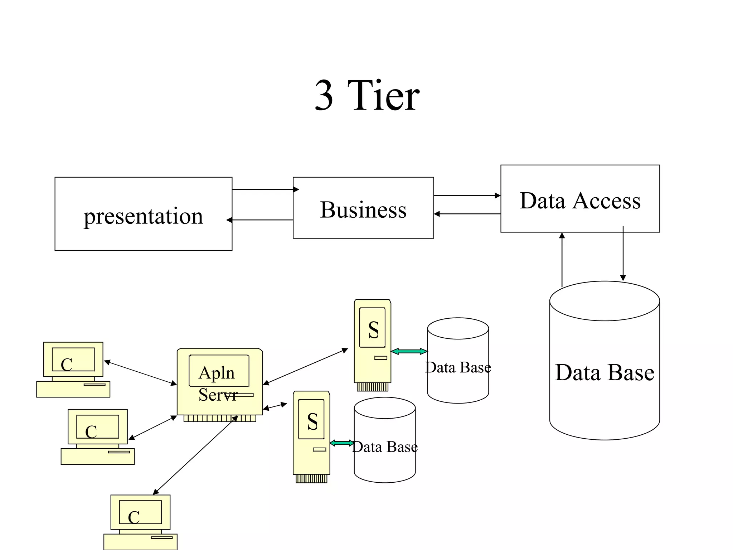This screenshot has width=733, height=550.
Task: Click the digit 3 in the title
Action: click(324, 96)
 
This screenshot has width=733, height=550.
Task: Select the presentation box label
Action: click(143, 216)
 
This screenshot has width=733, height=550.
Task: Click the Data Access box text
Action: click(580, 201)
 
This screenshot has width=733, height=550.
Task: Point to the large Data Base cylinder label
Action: click(605, 372)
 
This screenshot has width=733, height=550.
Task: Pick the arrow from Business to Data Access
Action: click(467, 196)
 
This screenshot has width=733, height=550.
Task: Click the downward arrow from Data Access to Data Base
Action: click(623, 254)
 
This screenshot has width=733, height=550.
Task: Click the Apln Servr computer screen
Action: click(219, 371)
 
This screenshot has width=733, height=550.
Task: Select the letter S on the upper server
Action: click(373, 330)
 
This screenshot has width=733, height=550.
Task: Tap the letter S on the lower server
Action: click(312, 421)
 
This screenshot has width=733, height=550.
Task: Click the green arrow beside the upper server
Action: click(409, 351)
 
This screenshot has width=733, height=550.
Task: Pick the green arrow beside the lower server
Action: click(341, 443)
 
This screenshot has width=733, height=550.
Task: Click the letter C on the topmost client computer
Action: click(67, 365)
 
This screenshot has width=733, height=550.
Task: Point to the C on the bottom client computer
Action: click(134, 517)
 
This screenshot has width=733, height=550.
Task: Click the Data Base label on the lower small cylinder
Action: click(385, 447)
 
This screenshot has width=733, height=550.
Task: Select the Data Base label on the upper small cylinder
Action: click(458, 367)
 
